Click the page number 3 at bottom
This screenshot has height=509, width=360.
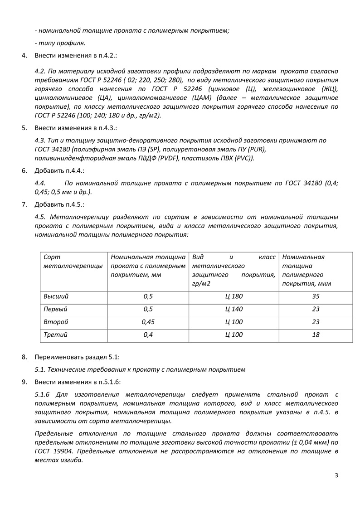tap(336, 475)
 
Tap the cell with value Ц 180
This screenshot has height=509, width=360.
tap(234, 296)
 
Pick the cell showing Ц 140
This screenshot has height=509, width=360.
tap(234, 309)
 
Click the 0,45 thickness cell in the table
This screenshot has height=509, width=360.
tap(148, 322)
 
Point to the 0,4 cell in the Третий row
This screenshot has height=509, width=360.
tap(148, 335)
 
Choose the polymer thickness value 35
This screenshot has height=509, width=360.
tap(316, 296)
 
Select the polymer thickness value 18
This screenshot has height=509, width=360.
tap(316, 335)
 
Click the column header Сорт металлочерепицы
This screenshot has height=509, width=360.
tap(73, 261)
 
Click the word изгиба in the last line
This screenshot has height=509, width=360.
tap(72, 460)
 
